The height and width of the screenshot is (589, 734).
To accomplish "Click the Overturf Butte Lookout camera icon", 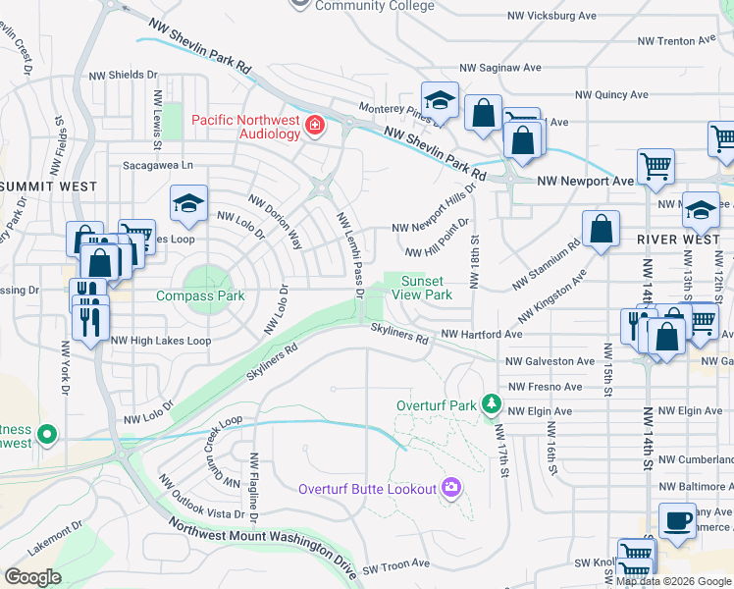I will (x=451, y=487).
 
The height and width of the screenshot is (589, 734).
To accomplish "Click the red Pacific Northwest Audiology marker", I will (x=314, y=125).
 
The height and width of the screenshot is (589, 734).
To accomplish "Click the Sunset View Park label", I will (x=426, y=288).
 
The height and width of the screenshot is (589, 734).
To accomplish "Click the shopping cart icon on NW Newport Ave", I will (x=655, y=165).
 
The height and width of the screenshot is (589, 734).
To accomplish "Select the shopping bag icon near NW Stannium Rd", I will (x=602, y=230).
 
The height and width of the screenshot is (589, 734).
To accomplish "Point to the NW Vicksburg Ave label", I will (x=551, y=16).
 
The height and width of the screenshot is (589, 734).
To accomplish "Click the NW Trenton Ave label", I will (x=676, y=41).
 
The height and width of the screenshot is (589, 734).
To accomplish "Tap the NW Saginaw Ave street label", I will (x=500, y=69).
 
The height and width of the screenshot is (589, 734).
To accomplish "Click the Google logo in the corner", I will (x=32, y=577).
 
